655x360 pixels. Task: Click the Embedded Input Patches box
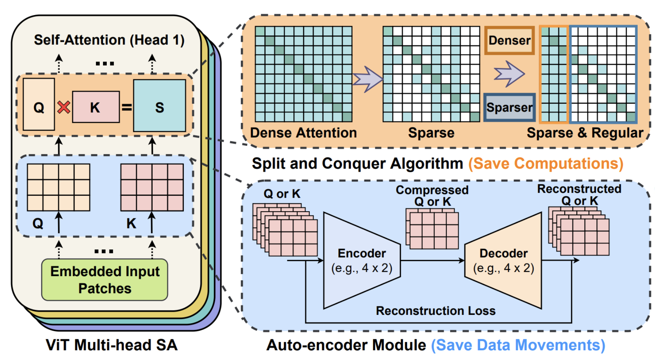coord(105,280)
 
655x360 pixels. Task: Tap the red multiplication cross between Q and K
coord(64,107)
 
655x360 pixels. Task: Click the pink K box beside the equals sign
coord(96,107)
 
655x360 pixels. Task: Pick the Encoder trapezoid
coord(362,260)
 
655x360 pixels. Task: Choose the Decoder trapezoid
coord(503,260)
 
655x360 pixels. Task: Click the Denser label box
coord(509,40)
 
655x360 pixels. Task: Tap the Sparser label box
coord(509,107)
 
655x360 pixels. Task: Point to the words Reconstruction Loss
coord(435,311)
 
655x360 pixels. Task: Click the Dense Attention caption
coord(303,133)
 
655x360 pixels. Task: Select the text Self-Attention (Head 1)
coord(109,40)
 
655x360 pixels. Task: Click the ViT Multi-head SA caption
coord(111,345)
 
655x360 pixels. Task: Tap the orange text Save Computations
coord(546,163)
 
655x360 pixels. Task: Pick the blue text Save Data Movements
coord(518,345)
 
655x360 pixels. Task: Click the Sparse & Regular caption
coord(585,133)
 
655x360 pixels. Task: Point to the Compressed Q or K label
coord(432,196)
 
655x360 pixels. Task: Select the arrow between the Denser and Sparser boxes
coord(509,74)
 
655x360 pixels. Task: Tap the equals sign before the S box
coord(127,107)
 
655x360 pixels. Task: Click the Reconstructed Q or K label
coord(579,195)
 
